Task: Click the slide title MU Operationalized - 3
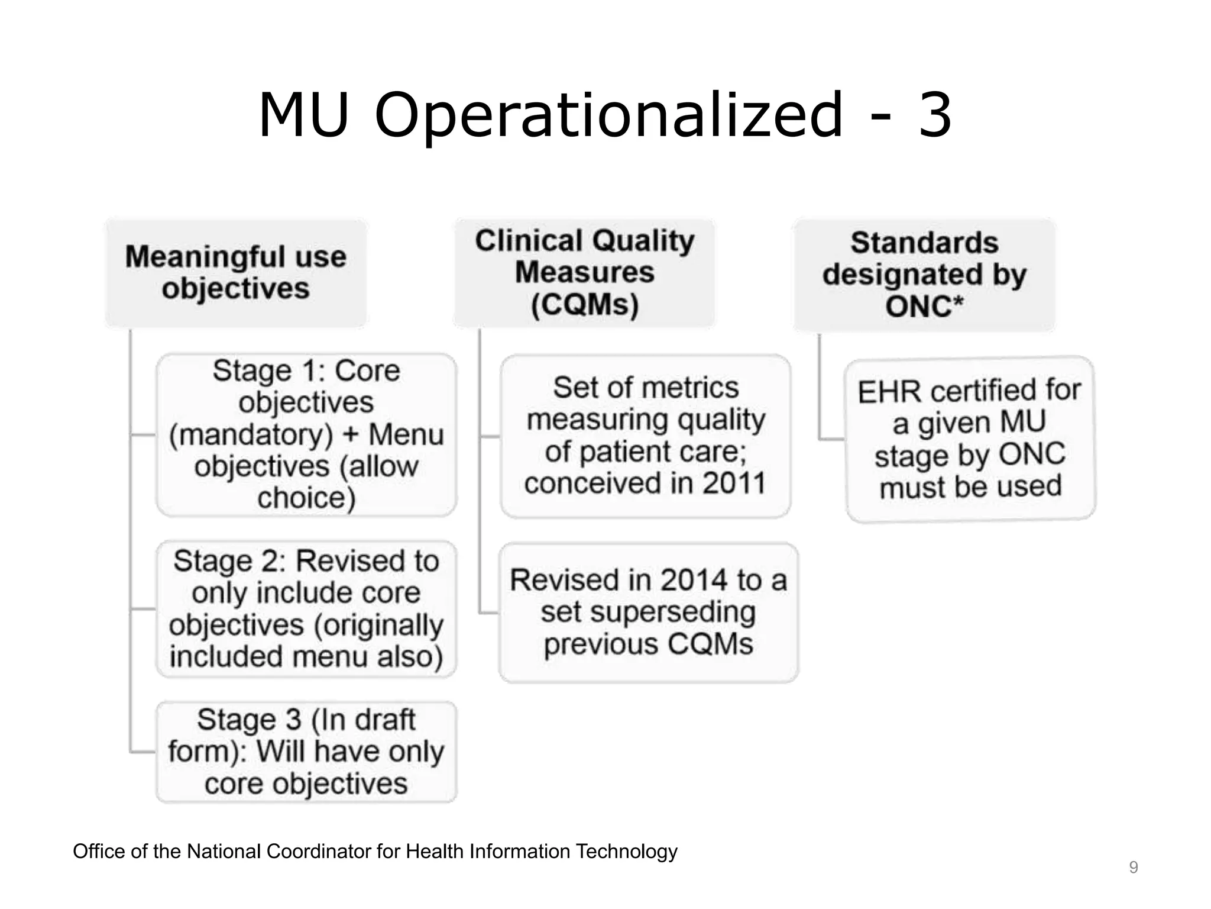coord(604,115)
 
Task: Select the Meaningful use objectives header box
coord(236,273)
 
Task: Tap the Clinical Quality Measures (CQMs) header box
coord(584,273)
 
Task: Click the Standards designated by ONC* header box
coord(924,275)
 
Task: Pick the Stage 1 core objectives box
coord(306,434)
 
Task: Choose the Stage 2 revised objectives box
coord(306,608)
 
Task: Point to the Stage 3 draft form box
coord(306,752)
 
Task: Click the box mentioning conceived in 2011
coord(645,436)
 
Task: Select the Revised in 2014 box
coord(648,612)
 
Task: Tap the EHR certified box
coord(970,439)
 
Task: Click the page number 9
coord(1133,868)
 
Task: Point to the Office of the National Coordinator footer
coord(375,852)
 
